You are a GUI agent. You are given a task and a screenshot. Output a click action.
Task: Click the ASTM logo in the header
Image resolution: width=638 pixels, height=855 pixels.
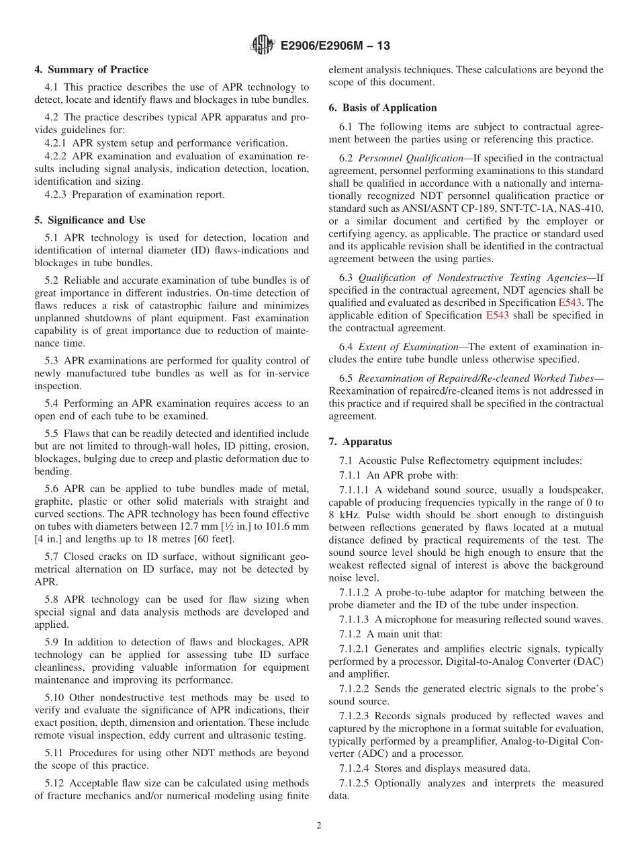[x=262, y=46]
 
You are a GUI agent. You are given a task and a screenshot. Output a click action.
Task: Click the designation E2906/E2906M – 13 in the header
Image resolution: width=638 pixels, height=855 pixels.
[x=333, y=46]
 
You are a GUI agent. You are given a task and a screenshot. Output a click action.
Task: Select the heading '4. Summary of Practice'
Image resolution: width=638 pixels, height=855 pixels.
[x=91, y=70]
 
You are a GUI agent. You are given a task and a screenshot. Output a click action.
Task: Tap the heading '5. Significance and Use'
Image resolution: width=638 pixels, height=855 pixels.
[x=90, y=220]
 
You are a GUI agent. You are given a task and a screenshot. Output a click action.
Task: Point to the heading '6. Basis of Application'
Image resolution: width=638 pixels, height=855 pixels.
[x=383, y=108]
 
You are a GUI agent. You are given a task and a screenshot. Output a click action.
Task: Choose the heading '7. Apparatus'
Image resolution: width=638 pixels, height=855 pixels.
[x=361, y=442]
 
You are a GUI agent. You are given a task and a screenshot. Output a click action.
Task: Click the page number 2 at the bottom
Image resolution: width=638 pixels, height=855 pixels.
[x=319, y=826]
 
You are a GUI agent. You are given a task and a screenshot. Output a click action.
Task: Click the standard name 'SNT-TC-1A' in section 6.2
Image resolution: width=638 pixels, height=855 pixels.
[x=524, y=208]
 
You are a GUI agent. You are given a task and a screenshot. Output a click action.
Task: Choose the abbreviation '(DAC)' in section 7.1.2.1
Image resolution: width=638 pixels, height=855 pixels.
[x=587, y=661]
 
